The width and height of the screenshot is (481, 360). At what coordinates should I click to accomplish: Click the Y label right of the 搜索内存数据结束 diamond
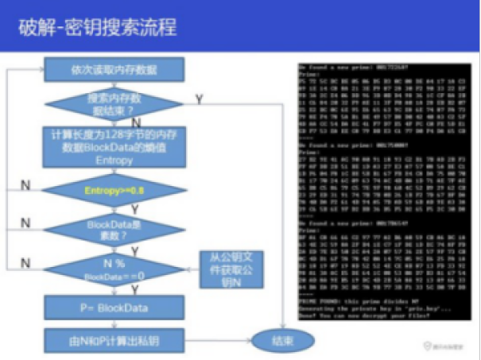pyautogui.click(x=198, y=98)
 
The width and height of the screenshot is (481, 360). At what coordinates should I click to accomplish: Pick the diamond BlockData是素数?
pyautogui.click(x=113, y=229)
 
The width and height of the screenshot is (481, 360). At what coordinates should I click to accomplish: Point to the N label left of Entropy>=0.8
pyautogui.click(x=26, y=184)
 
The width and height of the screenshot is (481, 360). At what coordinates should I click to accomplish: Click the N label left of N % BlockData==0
pyautogui.click(x=26, y=262)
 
